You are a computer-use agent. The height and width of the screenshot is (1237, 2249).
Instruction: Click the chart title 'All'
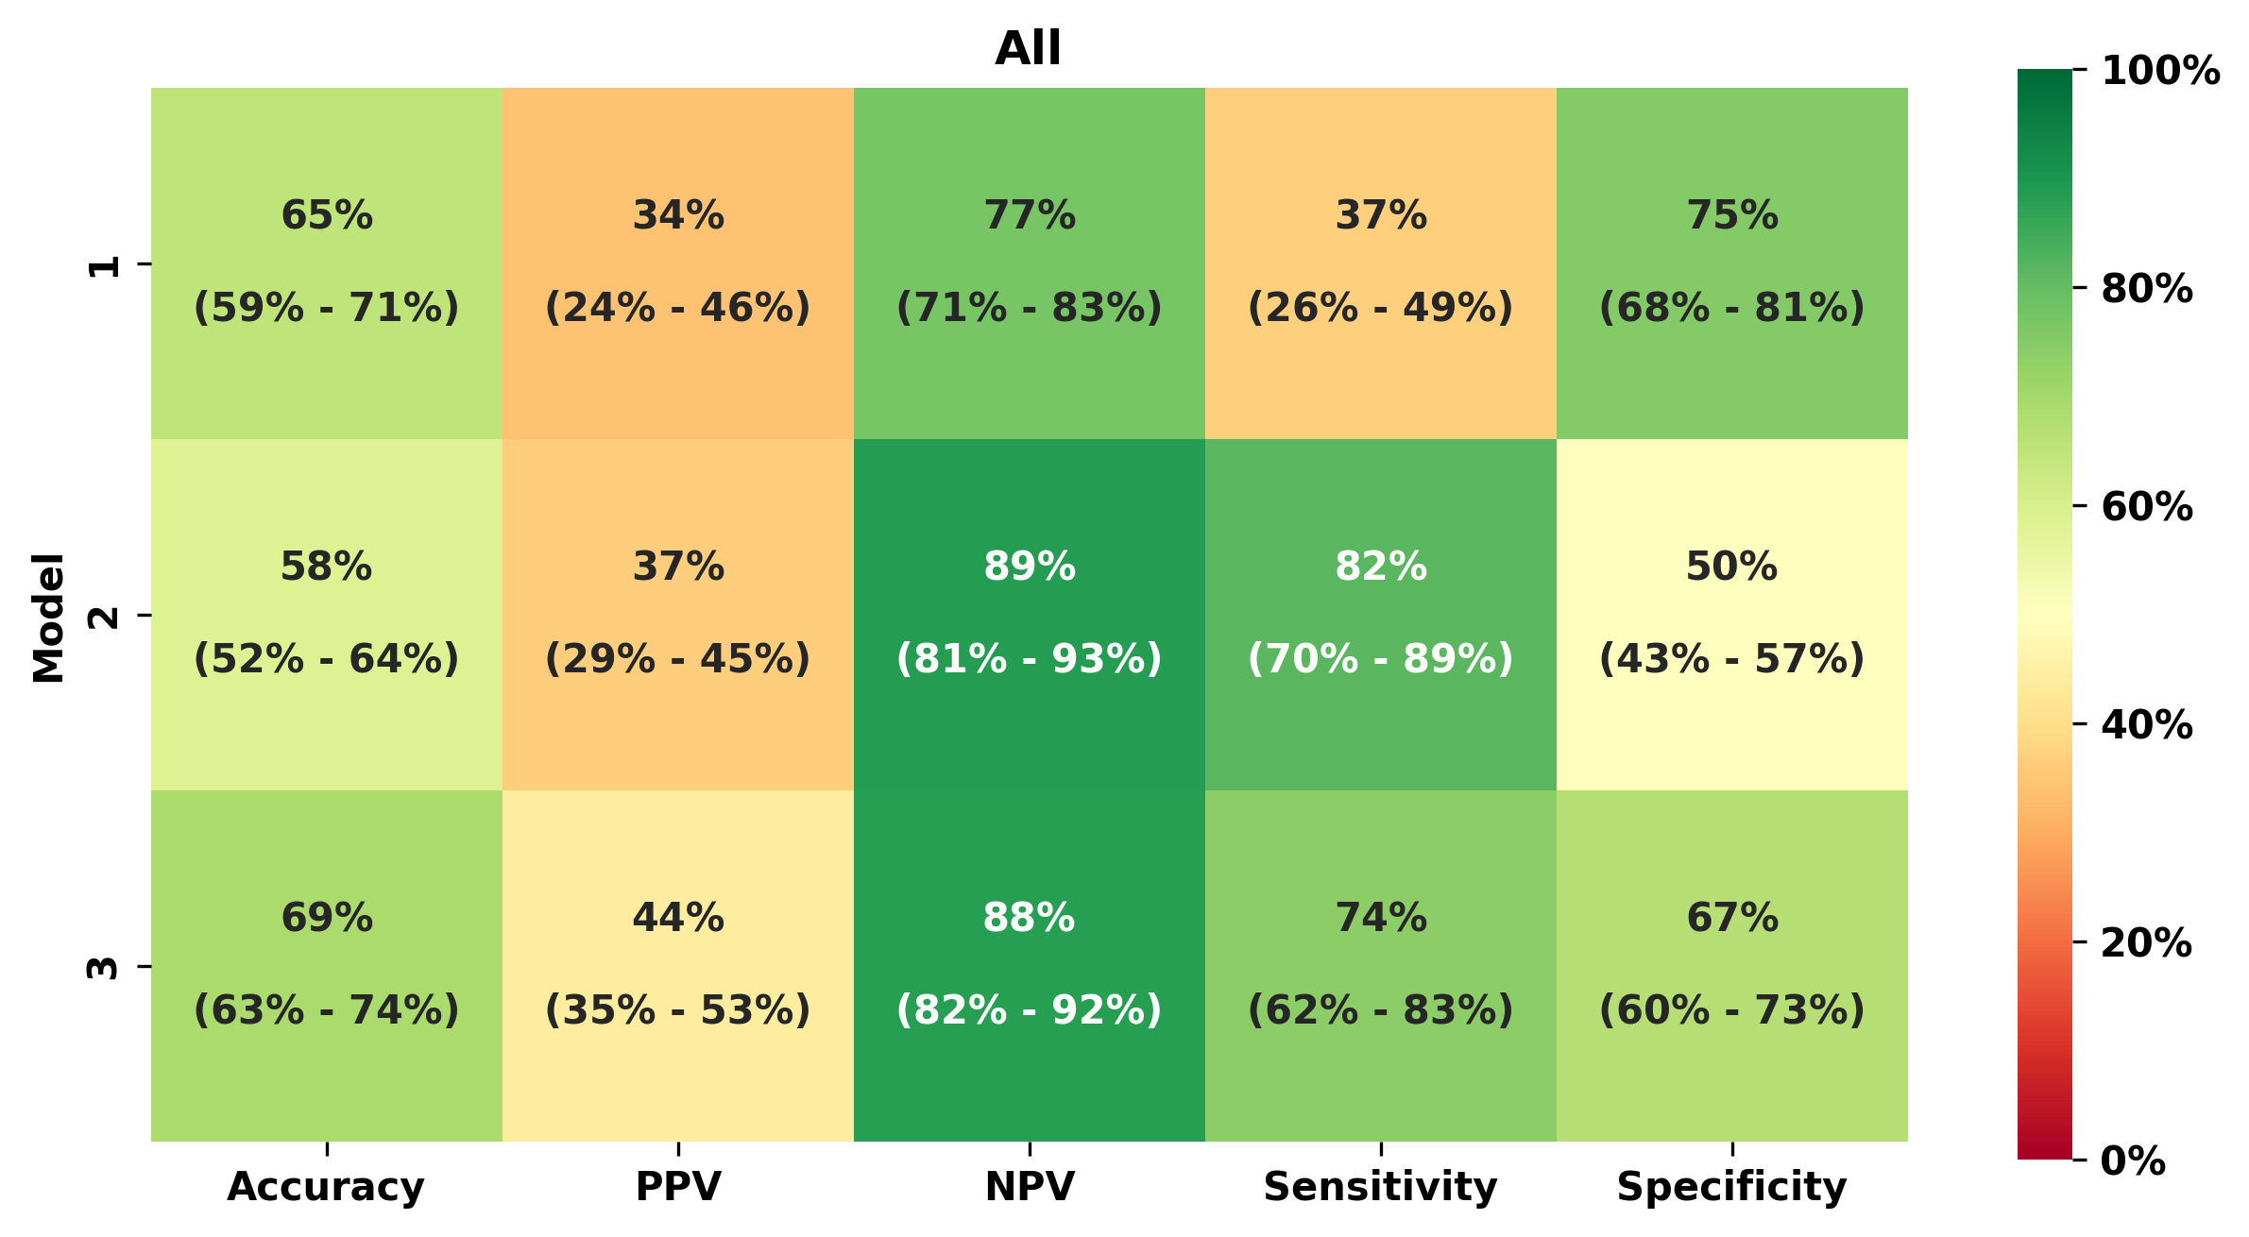coord(1028,48)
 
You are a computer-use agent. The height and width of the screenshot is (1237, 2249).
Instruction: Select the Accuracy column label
coord(326,1186)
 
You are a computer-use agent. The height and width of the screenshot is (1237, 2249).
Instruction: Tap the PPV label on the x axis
coord(678,1186)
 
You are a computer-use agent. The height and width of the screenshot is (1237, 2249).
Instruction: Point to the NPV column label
coord(1030,1186)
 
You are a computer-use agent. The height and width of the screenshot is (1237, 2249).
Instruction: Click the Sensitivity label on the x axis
coord(1380,1186)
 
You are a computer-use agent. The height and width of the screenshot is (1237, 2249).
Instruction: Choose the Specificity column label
coord(1731,1186)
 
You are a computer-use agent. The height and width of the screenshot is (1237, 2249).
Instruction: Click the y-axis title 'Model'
coord(49,618)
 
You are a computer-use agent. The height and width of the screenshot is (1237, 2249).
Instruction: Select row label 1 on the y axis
coord(104,265)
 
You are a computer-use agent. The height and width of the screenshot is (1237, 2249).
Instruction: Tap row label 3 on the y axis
coord(104,968)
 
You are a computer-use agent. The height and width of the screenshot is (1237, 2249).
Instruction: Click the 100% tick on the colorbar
coord(2160,71)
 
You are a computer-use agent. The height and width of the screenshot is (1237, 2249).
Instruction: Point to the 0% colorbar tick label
coord(2133,1161)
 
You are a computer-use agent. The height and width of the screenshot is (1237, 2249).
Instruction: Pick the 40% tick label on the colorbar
coord(2146,724)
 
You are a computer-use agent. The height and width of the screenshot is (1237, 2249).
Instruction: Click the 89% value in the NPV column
coord(1030,567)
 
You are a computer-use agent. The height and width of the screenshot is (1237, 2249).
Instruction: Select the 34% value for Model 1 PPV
coord(678,215)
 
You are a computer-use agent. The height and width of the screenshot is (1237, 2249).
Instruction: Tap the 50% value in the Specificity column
coord(1731,567)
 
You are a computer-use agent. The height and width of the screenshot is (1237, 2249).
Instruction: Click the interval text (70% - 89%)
coord(1380,658)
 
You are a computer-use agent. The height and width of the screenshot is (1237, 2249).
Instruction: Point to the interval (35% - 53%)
coord(678,1009)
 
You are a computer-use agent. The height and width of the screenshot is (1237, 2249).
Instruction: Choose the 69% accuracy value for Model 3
coord(327,918)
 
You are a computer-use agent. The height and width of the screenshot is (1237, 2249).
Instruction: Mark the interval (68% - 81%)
coord(1731,307)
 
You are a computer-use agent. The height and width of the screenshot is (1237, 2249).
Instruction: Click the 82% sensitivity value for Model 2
coord(1380,567)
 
